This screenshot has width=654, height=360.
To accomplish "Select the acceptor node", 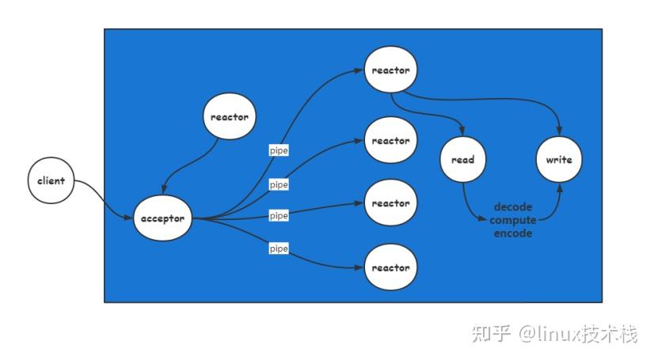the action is click(x=162, y=218).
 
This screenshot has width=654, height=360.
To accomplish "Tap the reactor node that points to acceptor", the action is click(x=230, y=117).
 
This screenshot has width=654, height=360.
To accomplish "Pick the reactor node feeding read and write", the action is click(x=390, y=70).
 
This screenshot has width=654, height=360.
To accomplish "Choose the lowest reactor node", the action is click(x=390, y=267).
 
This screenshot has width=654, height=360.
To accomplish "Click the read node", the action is click(x=462, y=160).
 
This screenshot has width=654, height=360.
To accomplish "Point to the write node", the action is click(x=558, y=160).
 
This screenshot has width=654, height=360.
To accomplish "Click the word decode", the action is click(x=512, y=207).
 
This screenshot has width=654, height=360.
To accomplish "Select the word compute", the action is click(x=512, y=220).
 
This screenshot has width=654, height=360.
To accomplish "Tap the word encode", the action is click(x=512, y=233).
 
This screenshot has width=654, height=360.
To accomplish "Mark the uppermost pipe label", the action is click(x=279, y=150).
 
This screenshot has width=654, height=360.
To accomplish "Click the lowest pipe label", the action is click(x=279, y=248).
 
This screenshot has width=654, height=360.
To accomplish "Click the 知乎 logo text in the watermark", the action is click(x=492, y=334).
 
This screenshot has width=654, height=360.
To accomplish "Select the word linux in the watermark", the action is click(x=559, y=334).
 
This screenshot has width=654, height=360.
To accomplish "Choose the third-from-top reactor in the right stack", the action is click(x=390, y=203).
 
